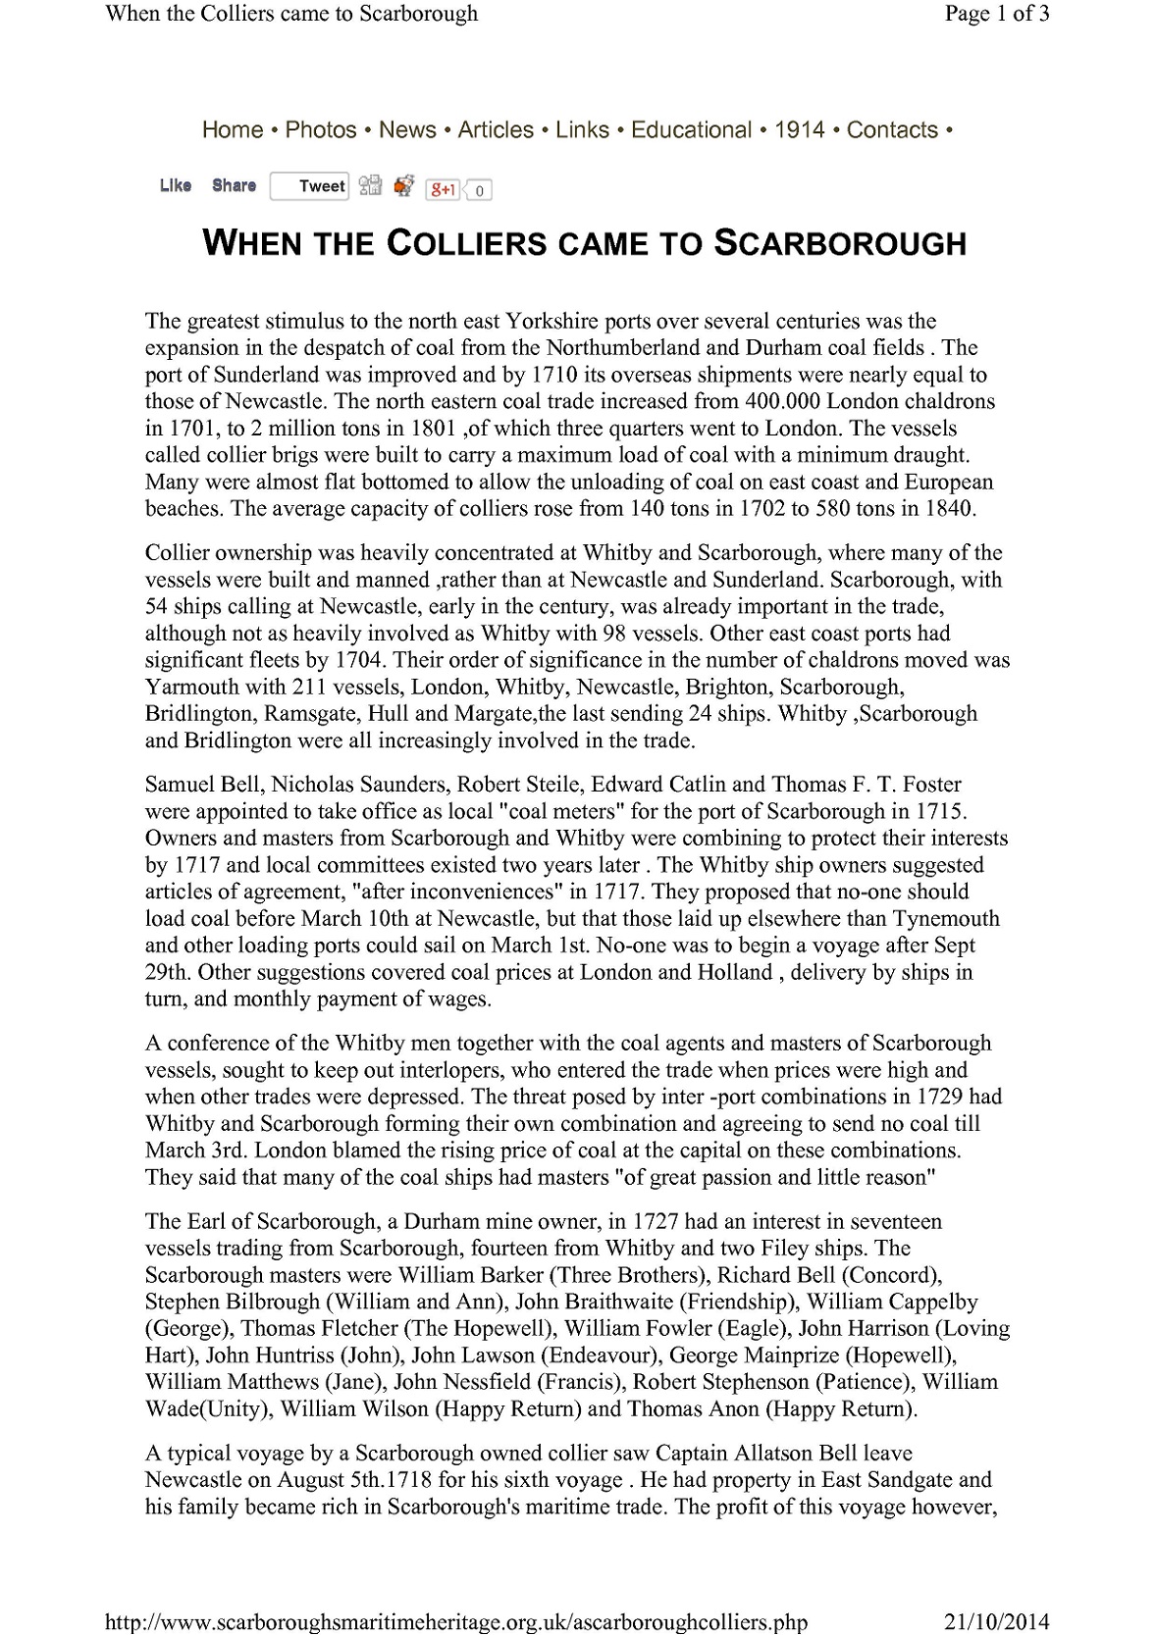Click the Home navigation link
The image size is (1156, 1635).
(233, 129)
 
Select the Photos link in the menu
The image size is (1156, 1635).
(321, 129)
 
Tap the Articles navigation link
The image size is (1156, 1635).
(496, 129)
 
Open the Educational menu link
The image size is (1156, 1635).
(691, 129)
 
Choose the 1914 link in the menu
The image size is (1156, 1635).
(800, 129)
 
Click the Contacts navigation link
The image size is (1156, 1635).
(892, 129)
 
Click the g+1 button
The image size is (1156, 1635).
(444, 189)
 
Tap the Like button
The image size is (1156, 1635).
(176, 185)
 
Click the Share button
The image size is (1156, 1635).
(234, 185)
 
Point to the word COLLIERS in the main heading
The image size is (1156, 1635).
(466, 243)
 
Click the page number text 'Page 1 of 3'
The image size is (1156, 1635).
(997, 14)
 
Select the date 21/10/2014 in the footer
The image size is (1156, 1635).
(997, 1622)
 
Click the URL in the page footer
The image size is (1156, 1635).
(455, 1622)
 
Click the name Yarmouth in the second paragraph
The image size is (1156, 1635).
(192, 687)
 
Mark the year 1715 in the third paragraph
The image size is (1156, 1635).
(941, 811)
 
